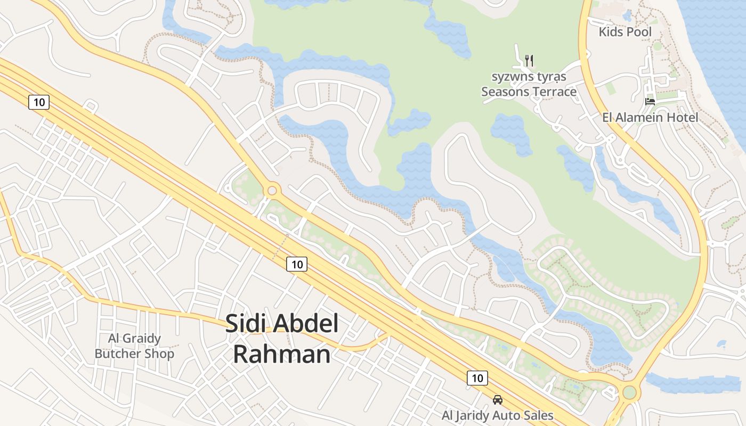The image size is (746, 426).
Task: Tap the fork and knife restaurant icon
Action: (529, 60)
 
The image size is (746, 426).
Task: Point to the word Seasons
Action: (505, 92)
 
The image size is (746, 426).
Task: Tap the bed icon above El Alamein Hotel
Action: (650, 101)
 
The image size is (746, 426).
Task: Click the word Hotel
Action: (683, 117)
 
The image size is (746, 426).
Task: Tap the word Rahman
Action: (282, 354)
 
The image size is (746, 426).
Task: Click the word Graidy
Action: (141, 338)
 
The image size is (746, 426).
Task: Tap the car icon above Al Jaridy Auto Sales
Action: (497, 400)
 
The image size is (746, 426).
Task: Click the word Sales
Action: (538, 415)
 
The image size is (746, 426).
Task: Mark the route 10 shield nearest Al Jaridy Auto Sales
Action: (477, 378)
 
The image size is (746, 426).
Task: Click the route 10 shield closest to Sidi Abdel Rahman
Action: (297, 264)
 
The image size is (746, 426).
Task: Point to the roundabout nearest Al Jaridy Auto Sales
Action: (629, 393)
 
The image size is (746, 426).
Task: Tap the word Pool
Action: (639, 32)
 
